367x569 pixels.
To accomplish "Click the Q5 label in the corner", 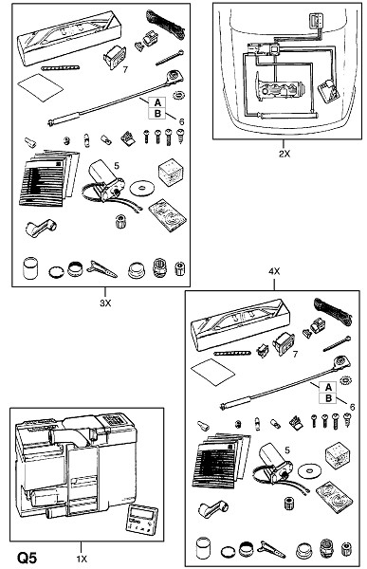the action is [x=28, y=557].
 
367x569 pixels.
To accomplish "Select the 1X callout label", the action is [x=82, y=559].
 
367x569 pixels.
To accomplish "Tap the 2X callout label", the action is [x=284, y=154].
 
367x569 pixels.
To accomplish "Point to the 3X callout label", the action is [x=105, y=303].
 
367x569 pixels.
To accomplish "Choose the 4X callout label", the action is [x=274, y=271].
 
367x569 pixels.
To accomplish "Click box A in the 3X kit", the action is [x=157, y=102].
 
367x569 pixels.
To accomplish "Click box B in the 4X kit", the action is [x=328, y=398].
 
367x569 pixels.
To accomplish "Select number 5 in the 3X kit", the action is [x=116, y=166].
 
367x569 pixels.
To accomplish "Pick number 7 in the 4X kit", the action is [x=295, y=354].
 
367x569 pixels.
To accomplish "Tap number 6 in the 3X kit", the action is [x=181, y=121].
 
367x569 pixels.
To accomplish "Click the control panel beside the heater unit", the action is [x=141, y=520].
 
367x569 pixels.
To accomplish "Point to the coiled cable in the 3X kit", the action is [x=165, y=24].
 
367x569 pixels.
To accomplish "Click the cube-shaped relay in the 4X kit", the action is [x=338, y=452].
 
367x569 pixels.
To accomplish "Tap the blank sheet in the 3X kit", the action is [x=40, y=87].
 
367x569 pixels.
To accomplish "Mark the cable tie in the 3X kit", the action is [x=170, y=58].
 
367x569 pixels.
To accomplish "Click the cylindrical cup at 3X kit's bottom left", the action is [x=30, y=267].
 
